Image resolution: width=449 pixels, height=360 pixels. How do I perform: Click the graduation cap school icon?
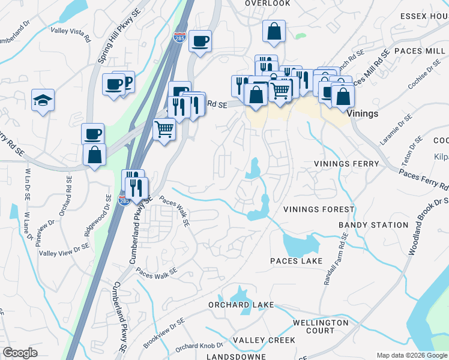point(43,101)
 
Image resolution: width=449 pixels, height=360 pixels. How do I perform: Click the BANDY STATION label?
point(365,225)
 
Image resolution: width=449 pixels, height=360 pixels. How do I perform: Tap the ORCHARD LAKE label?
point(241,305)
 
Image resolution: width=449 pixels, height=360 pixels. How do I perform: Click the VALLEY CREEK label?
point(264,340)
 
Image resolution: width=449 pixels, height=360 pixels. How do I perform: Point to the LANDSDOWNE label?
point(235,356)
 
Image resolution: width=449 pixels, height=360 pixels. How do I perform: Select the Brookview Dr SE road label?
point(164,334)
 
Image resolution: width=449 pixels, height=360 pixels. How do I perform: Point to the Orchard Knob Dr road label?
point(199,347)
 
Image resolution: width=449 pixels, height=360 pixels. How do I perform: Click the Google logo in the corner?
point(20,352)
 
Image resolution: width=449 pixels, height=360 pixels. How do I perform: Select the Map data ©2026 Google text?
point(411,355)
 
